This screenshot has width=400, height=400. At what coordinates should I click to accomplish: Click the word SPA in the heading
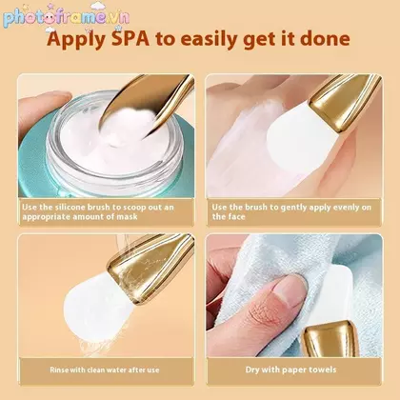pyautogui.click(x=130, y=39)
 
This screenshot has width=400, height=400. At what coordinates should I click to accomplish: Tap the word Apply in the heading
pyautogui.click(x=76, y=40)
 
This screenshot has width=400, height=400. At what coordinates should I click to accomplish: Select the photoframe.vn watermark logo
pyautogui.click(x=67, y=17)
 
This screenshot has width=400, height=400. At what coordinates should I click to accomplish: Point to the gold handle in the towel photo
pyautogui.click(x=330, y=338)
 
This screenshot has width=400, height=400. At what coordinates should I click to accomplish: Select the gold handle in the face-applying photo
pyautogui.click(x=345, y=101)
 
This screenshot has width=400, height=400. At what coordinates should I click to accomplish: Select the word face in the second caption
pyautogui.click(x=237, y=217)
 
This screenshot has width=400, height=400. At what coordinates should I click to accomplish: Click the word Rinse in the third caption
pyautogui.click(x=59, y=370)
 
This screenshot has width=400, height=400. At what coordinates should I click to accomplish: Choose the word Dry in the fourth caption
pyautogui.click(x=252, y=370)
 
